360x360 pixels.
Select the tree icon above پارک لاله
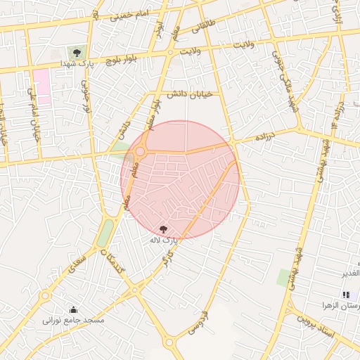coord(164,229)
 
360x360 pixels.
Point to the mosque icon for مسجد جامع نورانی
coord(74,309)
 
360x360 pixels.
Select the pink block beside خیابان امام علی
coord(43,86)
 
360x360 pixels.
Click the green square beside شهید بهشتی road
coord(284,278)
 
